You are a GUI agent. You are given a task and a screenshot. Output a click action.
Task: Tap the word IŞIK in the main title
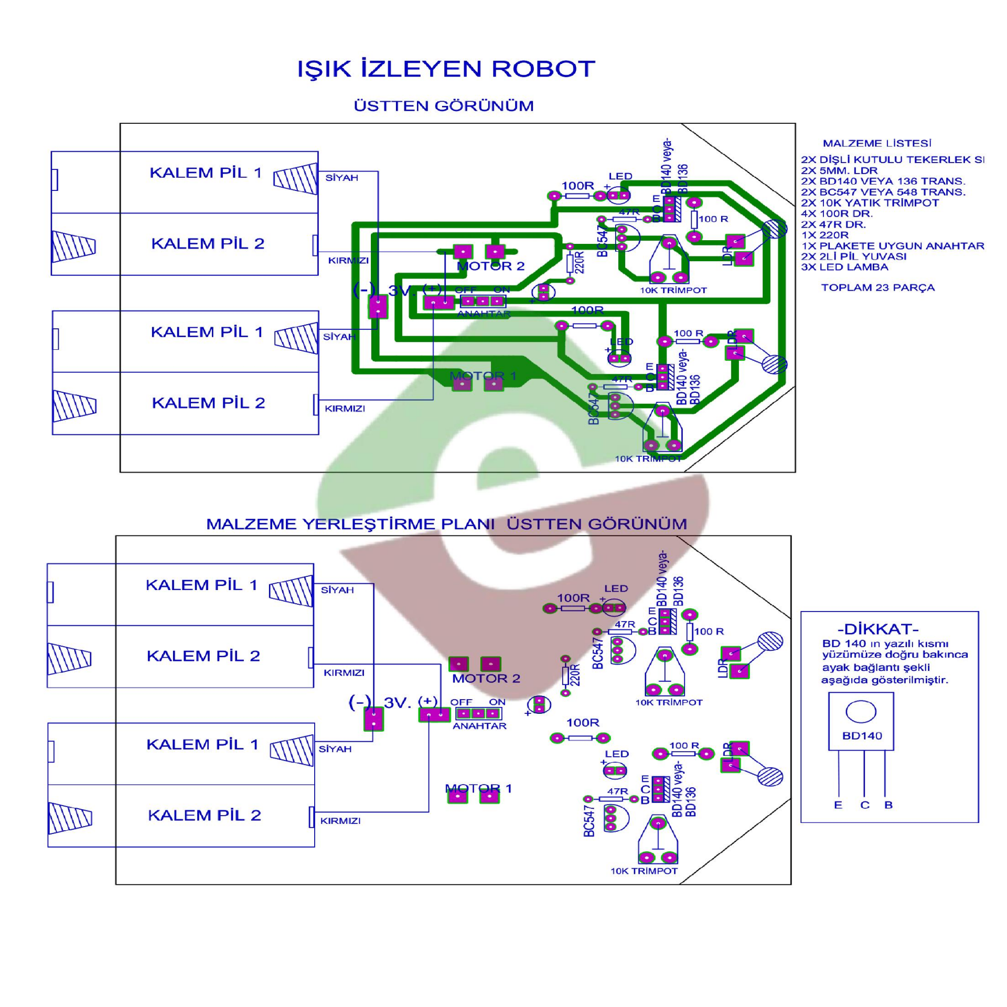click(x=324, y=69)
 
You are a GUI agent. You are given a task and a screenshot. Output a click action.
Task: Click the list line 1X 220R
click(x=824, y=235)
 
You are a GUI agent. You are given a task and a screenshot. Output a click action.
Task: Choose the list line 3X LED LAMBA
click(x=844, y=267)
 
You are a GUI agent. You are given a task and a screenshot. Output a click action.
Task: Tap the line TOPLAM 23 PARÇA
click(x=877, y=287)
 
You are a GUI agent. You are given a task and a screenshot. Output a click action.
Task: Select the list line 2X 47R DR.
click(x=833, y=224)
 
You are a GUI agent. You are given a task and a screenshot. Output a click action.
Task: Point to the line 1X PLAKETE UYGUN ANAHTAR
click(x=892, y=245)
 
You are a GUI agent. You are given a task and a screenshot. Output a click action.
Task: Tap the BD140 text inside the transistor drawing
click(x=862, y=736)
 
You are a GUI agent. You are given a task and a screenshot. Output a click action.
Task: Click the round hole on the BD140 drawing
click(x=861, y=712)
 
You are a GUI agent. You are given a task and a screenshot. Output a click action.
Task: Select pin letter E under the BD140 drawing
click(x=838, y=805)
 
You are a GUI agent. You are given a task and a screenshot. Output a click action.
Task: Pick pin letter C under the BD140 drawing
click(x=864, y=805)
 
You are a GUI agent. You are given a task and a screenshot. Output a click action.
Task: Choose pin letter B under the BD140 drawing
click(x=888, y=805)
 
